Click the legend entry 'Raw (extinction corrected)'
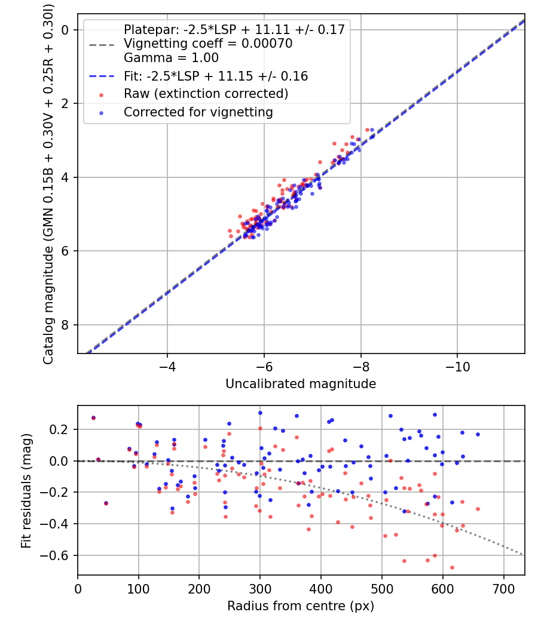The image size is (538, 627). (206, 94)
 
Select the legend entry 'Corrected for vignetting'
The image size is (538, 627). (198, 112)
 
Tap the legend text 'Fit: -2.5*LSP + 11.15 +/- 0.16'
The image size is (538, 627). (216, 76)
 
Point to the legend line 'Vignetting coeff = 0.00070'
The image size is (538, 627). (207, 44)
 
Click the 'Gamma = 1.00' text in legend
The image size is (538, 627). (171, 58)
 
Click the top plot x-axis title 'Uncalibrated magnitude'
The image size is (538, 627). (301, 384)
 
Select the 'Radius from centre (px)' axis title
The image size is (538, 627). (301, 606)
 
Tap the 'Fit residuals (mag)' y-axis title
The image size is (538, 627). (26, 490)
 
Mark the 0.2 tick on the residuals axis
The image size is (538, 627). (63, 429)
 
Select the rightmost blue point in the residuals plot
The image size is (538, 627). (478, 434)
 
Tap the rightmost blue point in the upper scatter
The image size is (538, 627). (372, 130)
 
